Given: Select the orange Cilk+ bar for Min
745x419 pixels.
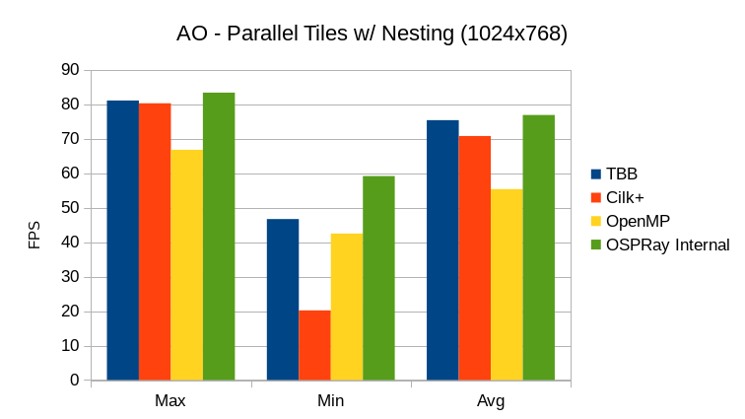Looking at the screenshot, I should click(x=314, y=345).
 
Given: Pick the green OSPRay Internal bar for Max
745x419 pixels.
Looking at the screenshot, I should click(x=219, y=236).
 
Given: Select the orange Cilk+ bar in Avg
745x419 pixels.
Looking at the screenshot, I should click(x=474, y=257).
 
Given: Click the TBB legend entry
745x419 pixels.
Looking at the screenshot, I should click(x=621, y=175).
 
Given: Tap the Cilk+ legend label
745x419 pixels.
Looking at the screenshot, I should click(x=625, y=197).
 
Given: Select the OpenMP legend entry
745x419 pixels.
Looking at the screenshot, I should click(x=638, y=221).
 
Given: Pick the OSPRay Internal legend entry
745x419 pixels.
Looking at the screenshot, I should click(x=667, y=244).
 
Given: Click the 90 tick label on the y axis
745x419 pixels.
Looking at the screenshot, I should click(x=70, y=70).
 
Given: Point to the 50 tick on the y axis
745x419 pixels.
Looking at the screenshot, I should click(x=70, y=208).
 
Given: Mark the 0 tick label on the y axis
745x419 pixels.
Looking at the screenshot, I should click(x=74, y=381).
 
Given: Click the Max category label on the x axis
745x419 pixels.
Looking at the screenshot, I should click(x=170, y=402).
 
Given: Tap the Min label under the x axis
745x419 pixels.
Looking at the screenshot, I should click(x=330, y=402).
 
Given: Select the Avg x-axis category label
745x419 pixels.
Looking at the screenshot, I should click(x=490, y=402).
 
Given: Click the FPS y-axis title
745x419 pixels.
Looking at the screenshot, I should click(x=34, y=235).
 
